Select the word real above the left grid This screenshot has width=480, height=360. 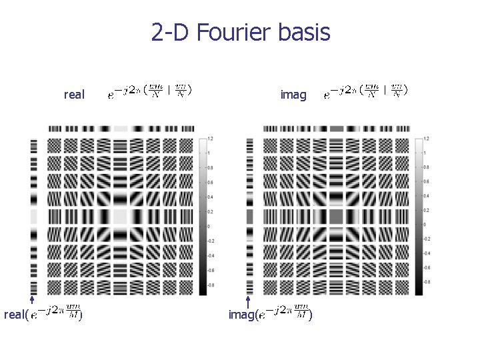[74, 95]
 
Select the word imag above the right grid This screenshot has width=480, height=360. [293, 95]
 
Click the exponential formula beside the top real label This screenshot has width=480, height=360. [150, 91]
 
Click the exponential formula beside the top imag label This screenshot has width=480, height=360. [366, 91]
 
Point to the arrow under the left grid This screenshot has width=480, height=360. [32, 301]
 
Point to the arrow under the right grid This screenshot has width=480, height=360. [248, 301]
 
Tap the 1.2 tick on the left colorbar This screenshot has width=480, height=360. [211, 138]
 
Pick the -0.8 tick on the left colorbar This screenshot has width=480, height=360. [211, 285]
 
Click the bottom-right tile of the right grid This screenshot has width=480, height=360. [401, 287]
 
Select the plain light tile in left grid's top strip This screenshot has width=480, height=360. [121, 128]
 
